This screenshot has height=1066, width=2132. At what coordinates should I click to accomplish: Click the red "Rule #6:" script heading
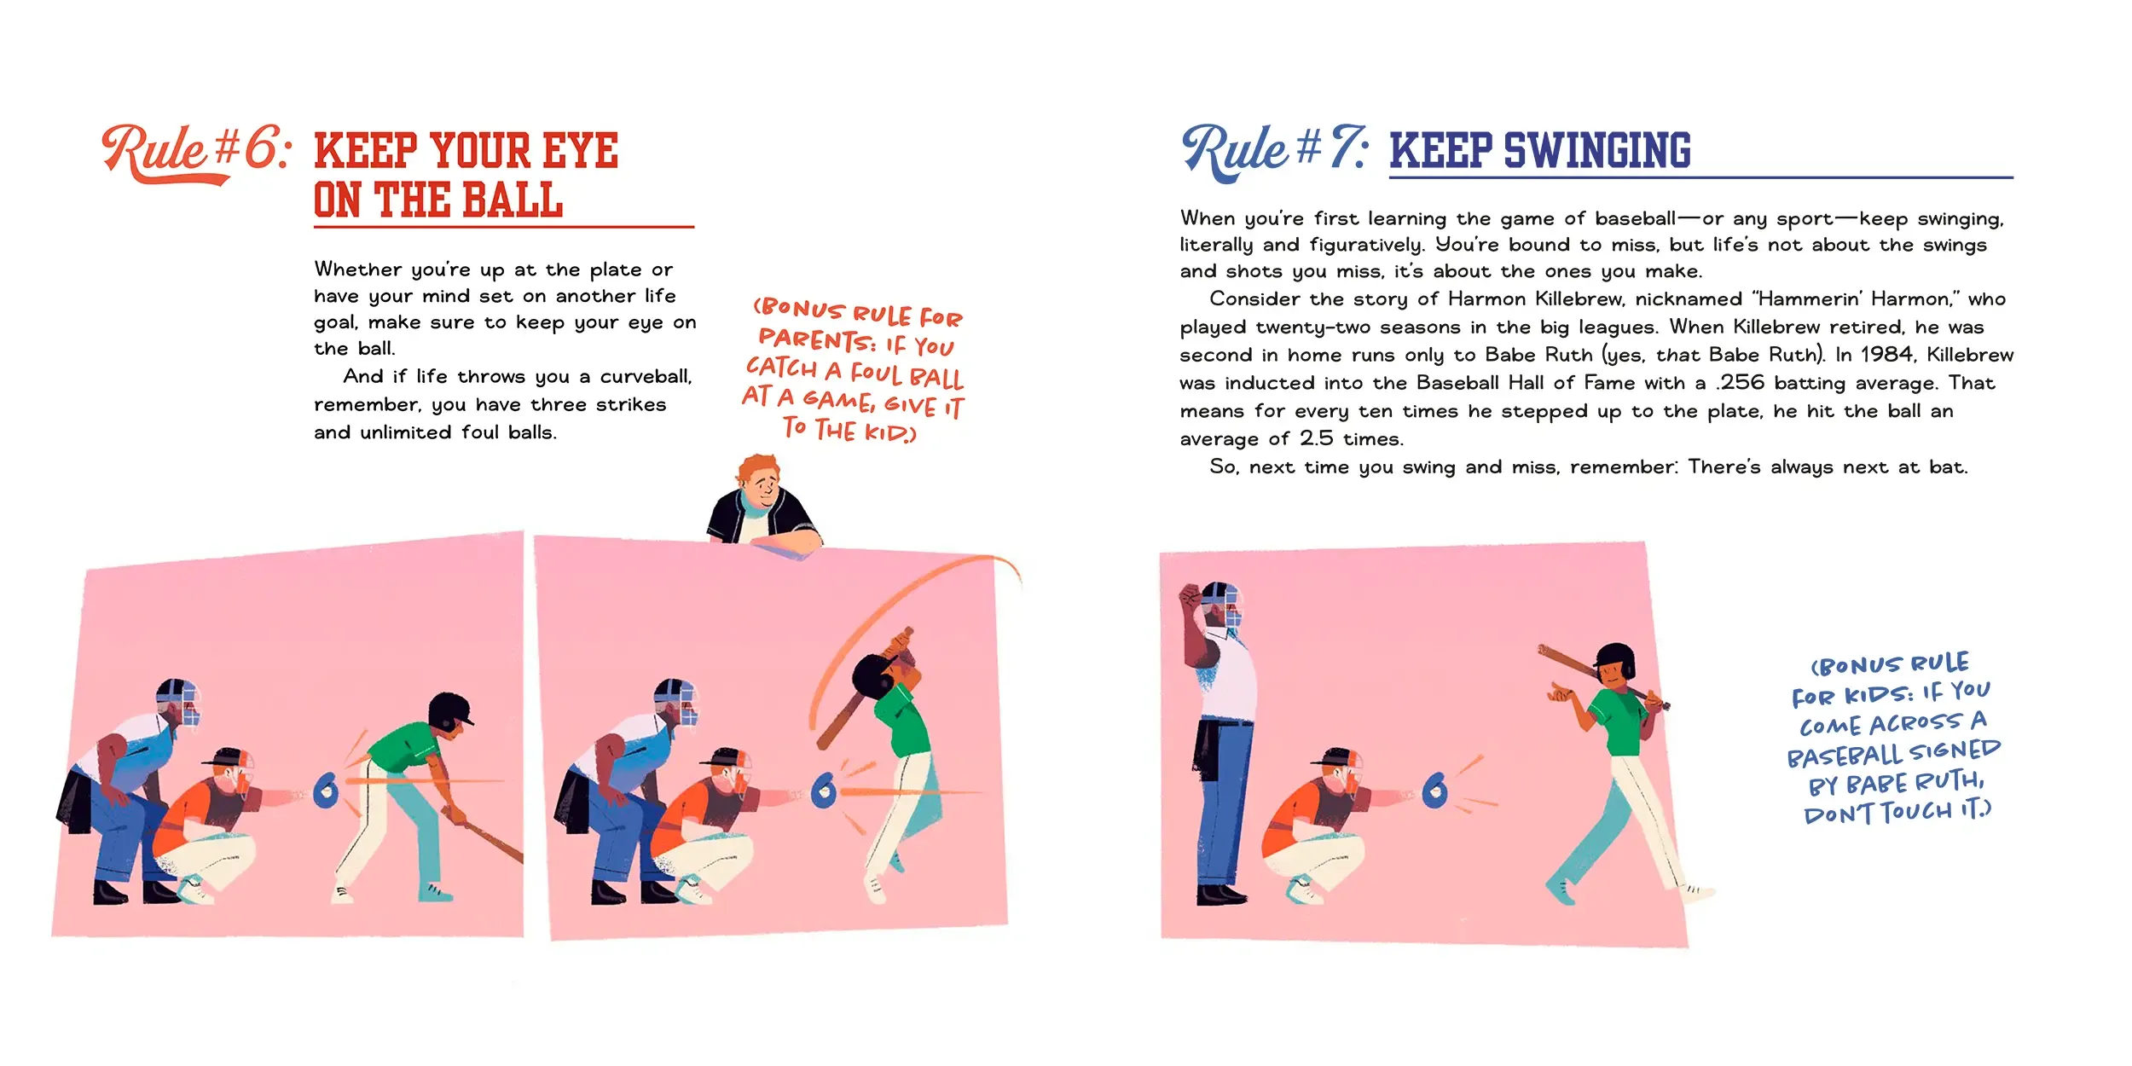tap(196, 152)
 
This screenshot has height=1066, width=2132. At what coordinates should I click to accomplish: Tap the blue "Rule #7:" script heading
tap(1275, 151)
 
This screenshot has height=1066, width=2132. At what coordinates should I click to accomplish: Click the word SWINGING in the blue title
tap(1596, 151)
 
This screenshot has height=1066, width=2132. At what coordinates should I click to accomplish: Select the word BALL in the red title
tap(513, 200)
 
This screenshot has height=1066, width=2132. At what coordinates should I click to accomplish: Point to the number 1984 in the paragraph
tap(1886, 355)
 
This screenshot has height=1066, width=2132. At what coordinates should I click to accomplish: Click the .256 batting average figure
tap(1740, 383)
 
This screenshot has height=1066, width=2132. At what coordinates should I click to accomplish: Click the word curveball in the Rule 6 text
tap(646, 377)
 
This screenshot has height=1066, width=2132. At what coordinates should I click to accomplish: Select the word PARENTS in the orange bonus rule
tap(816, 341)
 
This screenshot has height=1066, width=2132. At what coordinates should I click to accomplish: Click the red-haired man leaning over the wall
tap(762, 503)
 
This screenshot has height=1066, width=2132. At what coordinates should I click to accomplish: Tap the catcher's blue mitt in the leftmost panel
tap(327, 791)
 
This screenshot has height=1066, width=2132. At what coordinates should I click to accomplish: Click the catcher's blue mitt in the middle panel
tap(823, 791)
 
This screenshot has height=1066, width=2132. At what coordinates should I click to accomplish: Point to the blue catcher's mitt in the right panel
tap(1435, 791)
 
